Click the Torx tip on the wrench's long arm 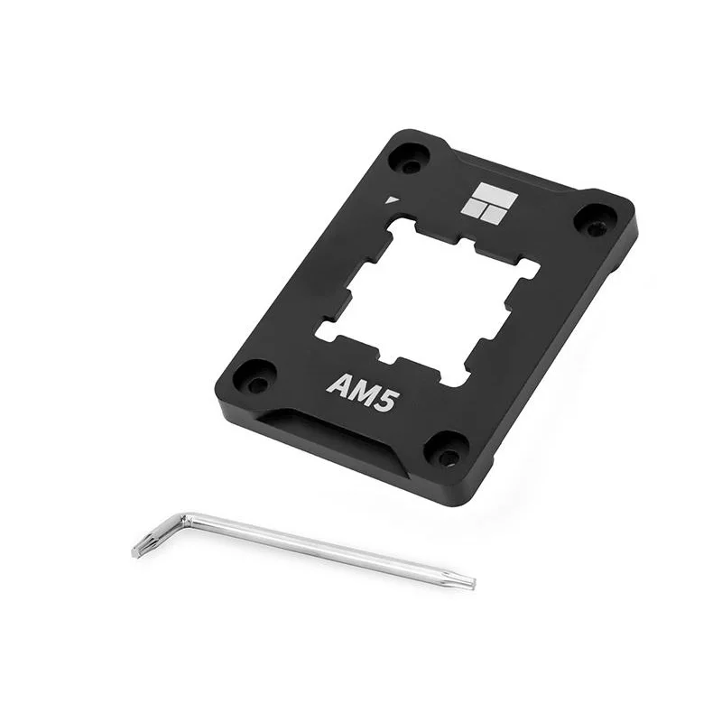tap(467, 583)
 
